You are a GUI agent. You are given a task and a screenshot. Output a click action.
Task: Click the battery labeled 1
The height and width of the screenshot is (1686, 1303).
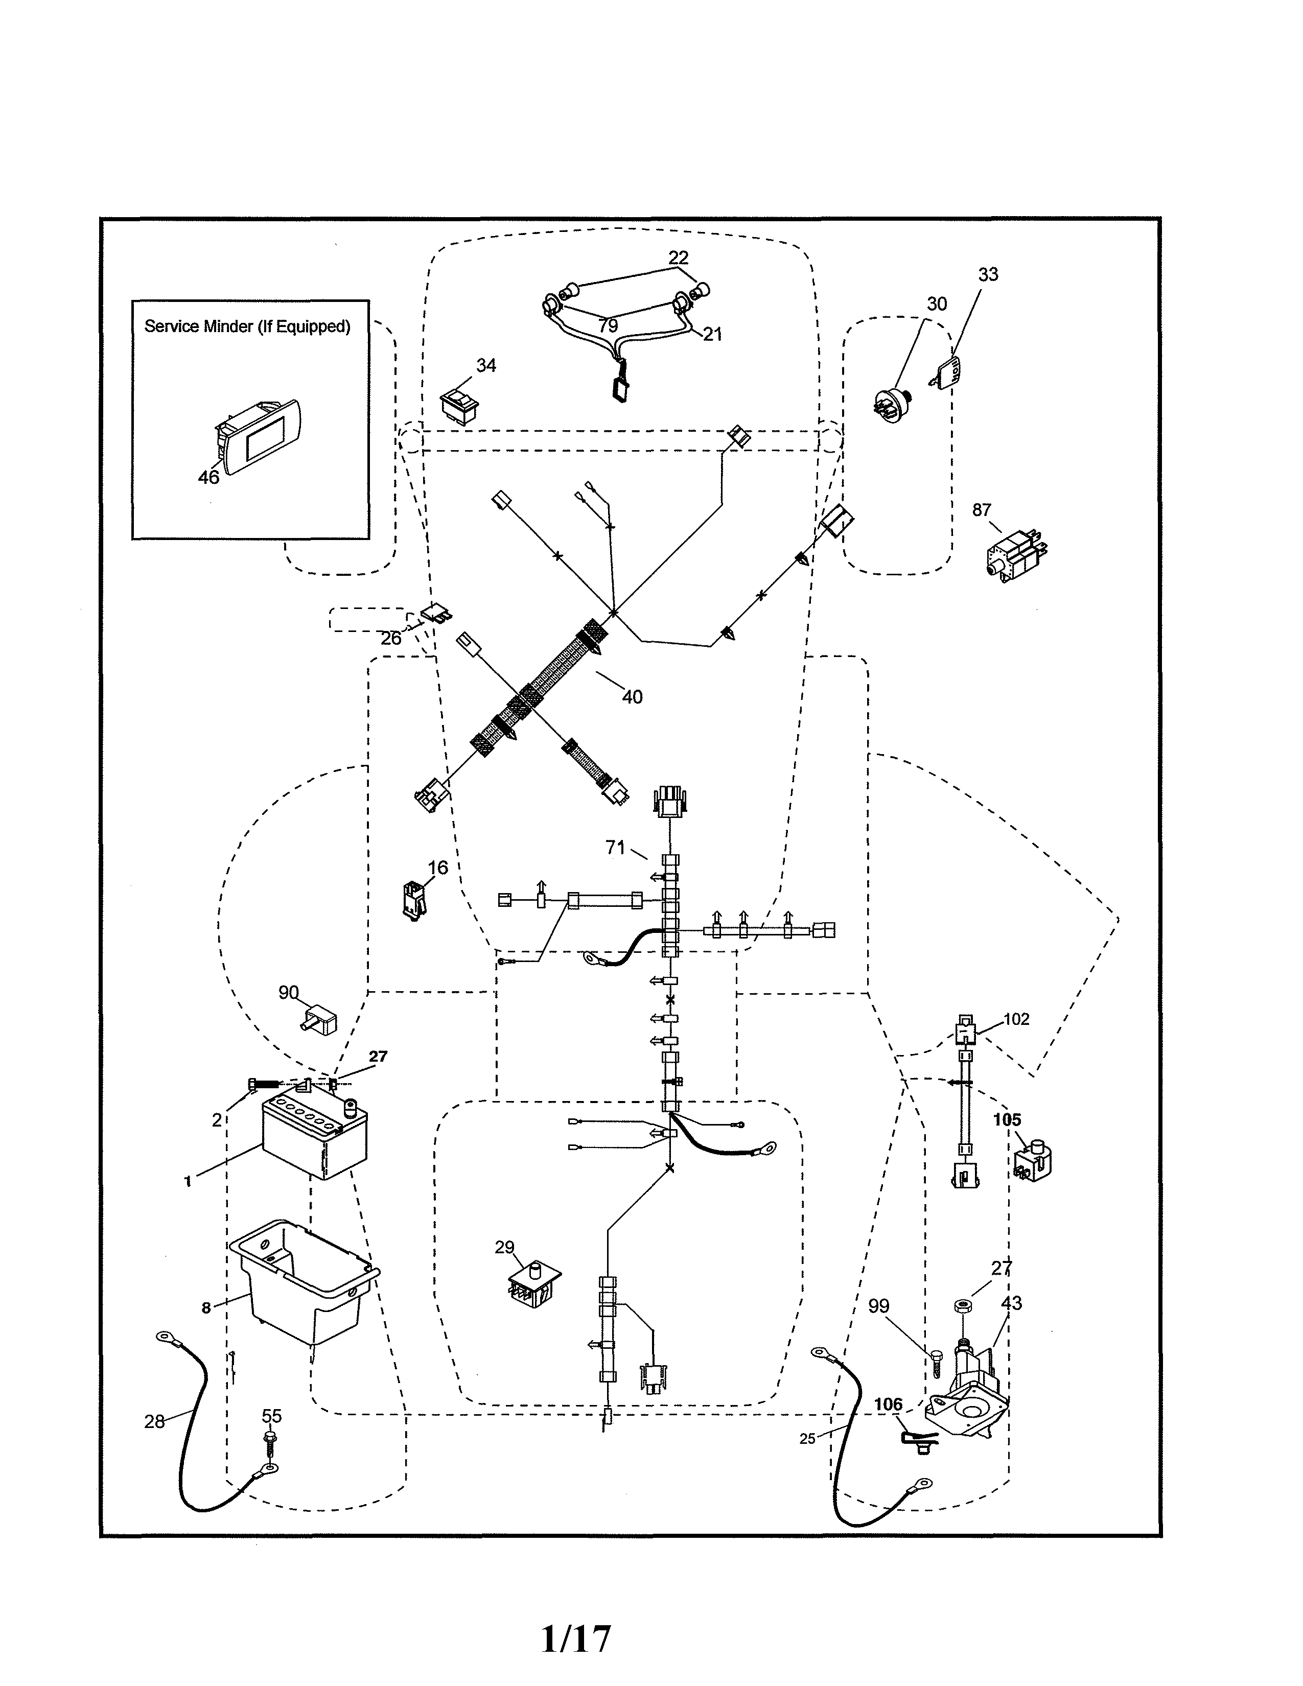click(x=315, y=1139)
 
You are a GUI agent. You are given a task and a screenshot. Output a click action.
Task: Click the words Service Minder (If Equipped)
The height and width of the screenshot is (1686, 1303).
click(x=247, y=326)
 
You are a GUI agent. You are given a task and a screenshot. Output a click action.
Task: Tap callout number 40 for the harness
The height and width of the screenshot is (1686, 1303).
click(x=632, y=697)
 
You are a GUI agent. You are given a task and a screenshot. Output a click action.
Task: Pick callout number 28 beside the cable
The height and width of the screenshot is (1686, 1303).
click(x=154, y=1422)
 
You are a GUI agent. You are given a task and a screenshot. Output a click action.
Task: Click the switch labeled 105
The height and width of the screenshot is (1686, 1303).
click(x=1034, y=1172)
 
